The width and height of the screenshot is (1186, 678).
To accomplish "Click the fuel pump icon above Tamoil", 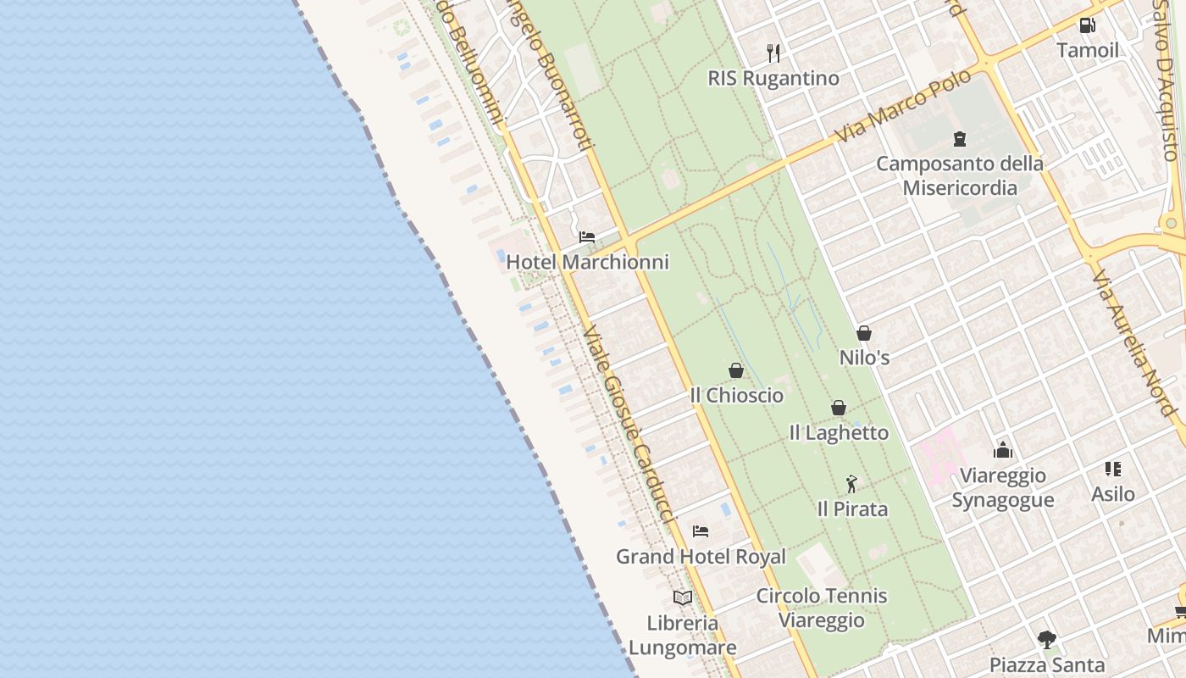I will click(1087, 25).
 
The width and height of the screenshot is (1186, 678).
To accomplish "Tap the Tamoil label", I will click(1088, 50).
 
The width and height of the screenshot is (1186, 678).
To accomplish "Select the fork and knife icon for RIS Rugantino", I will click(773, 53).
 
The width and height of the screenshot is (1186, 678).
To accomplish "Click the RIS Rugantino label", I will click(773, 78).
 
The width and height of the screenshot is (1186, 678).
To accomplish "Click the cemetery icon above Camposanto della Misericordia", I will click(960, 138).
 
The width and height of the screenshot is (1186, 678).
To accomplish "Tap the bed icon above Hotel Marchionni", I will click(587, 237).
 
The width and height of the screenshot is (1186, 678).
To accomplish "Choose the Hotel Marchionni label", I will click(587, 262).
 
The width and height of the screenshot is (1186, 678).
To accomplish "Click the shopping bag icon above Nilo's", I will click(864, 333).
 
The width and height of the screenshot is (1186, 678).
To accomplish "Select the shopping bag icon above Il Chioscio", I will click(736, 370).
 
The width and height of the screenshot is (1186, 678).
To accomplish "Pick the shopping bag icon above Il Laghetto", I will click(839, 408).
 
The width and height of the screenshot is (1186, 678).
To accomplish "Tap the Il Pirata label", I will click(852, 509).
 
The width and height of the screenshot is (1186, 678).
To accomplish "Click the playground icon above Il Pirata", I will click(852, 484).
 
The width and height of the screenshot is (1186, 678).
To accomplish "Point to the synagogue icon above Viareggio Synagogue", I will click(1003, 449).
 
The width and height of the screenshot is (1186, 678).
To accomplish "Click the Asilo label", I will click(1113, 493).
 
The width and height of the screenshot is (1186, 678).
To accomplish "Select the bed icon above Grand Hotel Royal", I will click(701, 531).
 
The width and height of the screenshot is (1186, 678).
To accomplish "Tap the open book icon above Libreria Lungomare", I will click(683, 597).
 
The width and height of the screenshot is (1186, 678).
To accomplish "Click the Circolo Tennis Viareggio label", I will click(822, 608).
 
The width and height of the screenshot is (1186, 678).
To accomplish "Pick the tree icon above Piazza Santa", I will click(1047, 639).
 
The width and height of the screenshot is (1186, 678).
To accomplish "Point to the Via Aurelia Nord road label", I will click(1135, 343).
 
